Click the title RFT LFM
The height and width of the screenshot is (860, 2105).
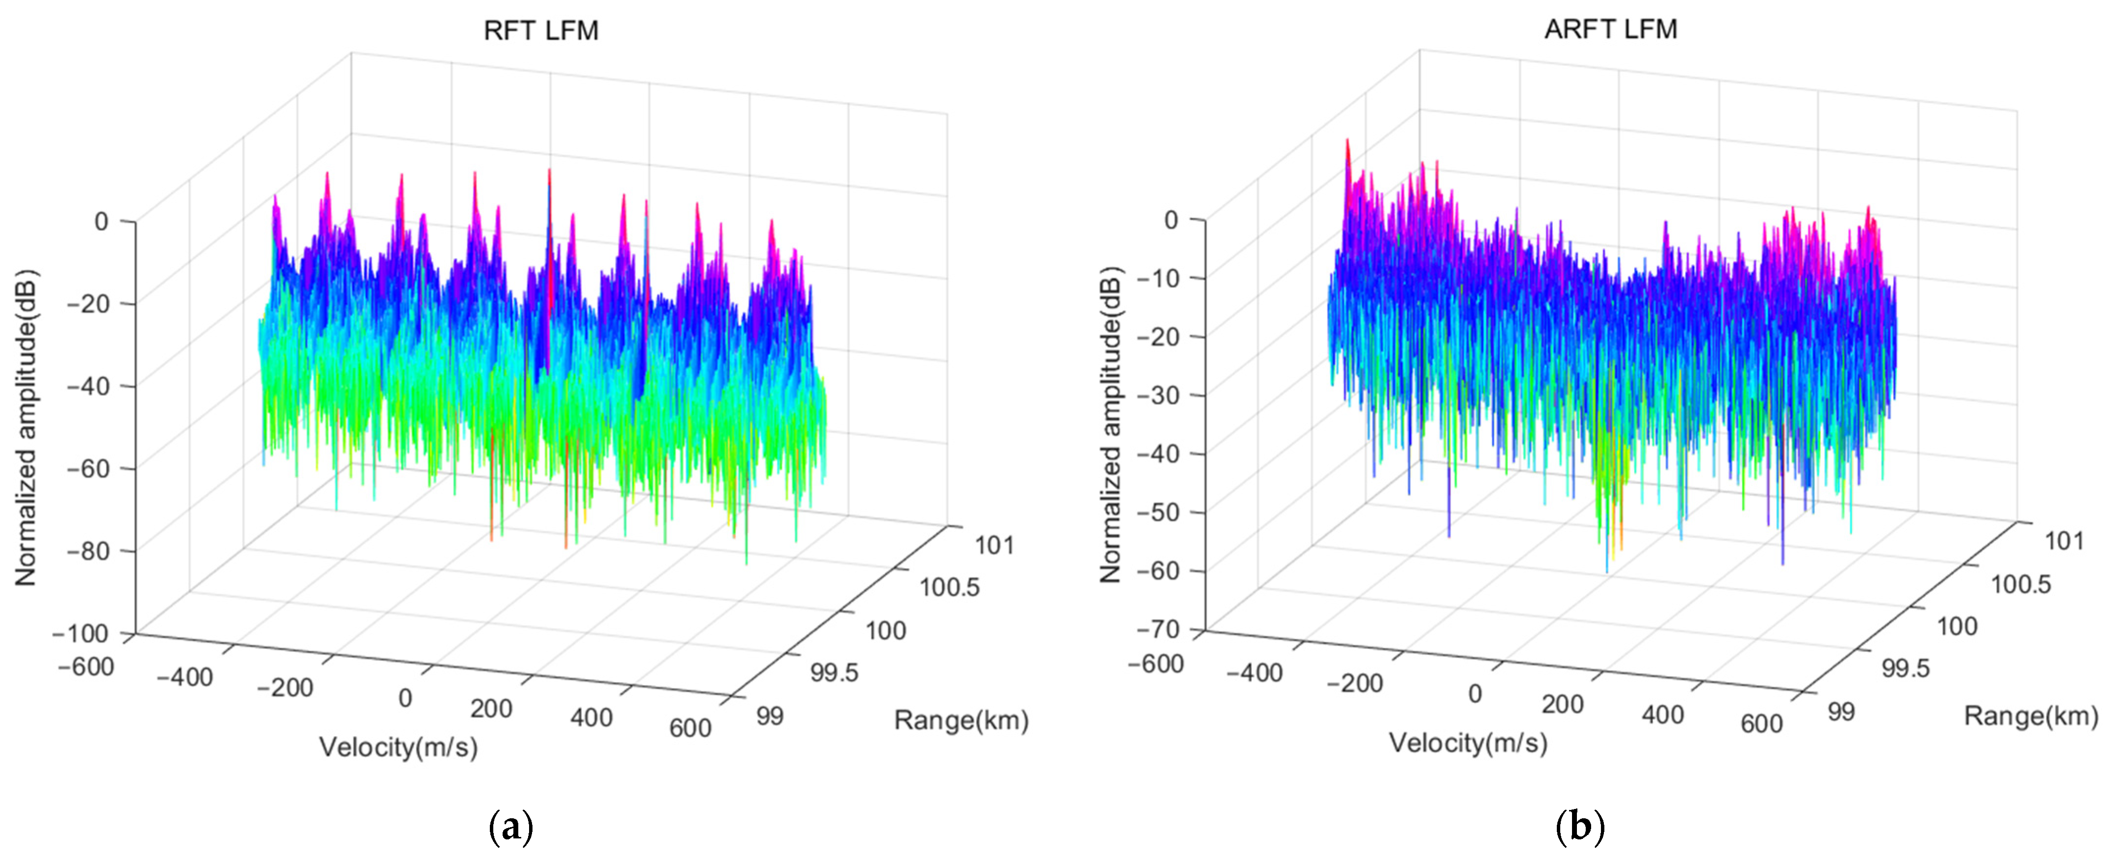coord(541,30)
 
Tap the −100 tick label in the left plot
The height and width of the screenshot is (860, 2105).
coord(80,633)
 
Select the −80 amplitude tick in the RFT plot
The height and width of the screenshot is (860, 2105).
coord(88,551)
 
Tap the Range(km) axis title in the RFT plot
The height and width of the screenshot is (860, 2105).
coord(961,720)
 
